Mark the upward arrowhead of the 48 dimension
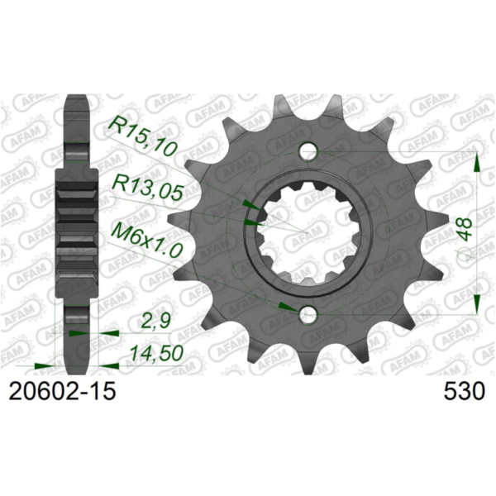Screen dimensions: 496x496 [x=477, y=163]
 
